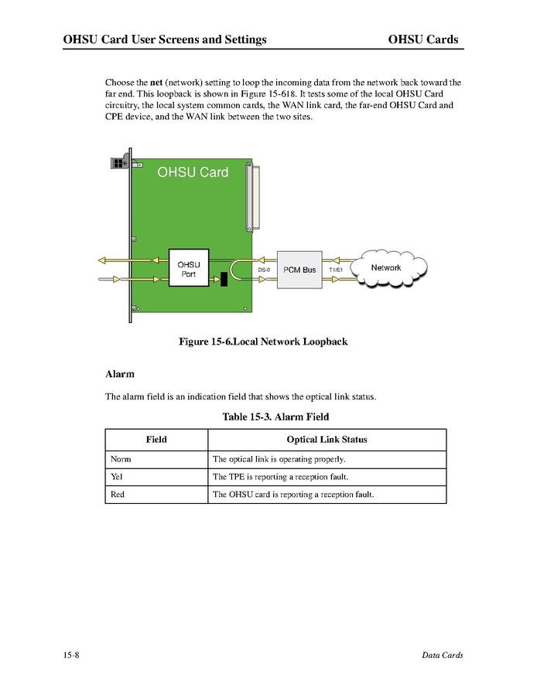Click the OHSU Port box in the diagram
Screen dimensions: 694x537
point(189,269)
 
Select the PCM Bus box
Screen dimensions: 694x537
point(299,270)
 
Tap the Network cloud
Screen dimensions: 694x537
point(387,268)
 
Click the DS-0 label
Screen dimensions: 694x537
point(264,270)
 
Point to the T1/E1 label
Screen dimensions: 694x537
point(336,270)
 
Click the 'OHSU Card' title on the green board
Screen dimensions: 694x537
point(193,172)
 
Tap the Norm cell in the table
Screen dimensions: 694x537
point(121,459)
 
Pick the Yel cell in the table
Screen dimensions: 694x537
point(118,477)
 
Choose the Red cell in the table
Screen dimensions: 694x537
point(118,495)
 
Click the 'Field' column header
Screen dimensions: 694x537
point(156,440)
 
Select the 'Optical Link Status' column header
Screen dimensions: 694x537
point(327,440)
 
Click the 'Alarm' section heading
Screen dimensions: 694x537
point(120,374)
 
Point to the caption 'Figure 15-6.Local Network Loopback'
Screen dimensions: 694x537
point(263,342)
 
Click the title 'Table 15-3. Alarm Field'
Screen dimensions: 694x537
point(275,417)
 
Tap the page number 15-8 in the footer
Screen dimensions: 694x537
point(72,655)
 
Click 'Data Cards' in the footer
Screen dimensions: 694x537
point(442,655)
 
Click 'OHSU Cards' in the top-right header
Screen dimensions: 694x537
point(422,39)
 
